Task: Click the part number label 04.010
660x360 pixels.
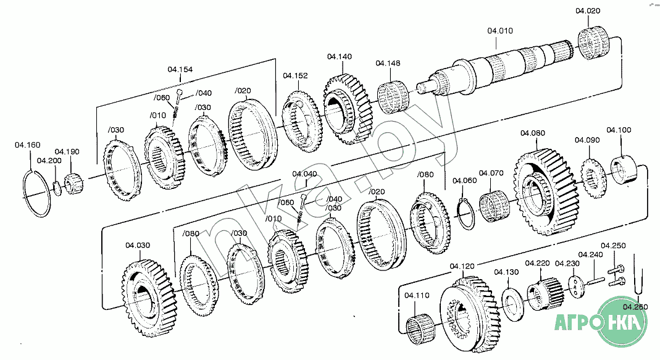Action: click(x=500, y=31)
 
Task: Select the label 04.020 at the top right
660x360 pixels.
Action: click(x=588, y=11)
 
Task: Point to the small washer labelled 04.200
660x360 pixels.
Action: click(x=57, y=188)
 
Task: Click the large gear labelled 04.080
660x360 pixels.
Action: click(x=543, y=191)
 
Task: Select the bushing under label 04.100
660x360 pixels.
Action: click(x=624, y=170)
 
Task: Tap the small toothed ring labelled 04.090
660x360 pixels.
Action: click(x=593, y=178)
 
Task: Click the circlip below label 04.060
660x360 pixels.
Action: click(x=466, y=214)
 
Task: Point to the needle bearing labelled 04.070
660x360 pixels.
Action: click(x=494, y=206)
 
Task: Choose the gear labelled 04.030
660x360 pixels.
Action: click(x=149, y=298)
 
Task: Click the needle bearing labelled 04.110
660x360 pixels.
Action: click(x=420, y=330)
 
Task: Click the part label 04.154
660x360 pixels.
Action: click(x=180, y=70)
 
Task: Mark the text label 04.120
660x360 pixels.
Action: click(x=462, y=266)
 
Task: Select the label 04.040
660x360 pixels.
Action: click(x=305, y=174)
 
